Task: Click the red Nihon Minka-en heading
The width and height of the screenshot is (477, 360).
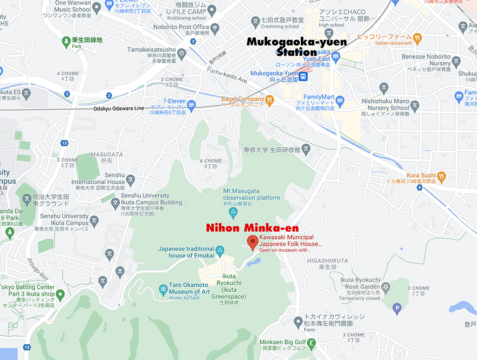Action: (252, 228)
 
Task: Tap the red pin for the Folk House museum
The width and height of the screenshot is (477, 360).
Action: (253, 242)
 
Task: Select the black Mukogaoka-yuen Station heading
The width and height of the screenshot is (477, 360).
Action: (296, 47)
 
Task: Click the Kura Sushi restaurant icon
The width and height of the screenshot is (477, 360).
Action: (442, 176)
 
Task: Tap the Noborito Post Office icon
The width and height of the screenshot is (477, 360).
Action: (216, 27)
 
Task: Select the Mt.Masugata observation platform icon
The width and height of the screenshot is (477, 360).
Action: (233, 211)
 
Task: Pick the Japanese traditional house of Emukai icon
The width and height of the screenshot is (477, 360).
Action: (220, 251)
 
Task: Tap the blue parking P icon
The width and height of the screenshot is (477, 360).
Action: (397, 310)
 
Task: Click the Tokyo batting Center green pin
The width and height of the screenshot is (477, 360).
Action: (60, 294)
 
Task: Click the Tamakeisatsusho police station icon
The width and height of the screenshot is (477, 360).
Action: (182, 53)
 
